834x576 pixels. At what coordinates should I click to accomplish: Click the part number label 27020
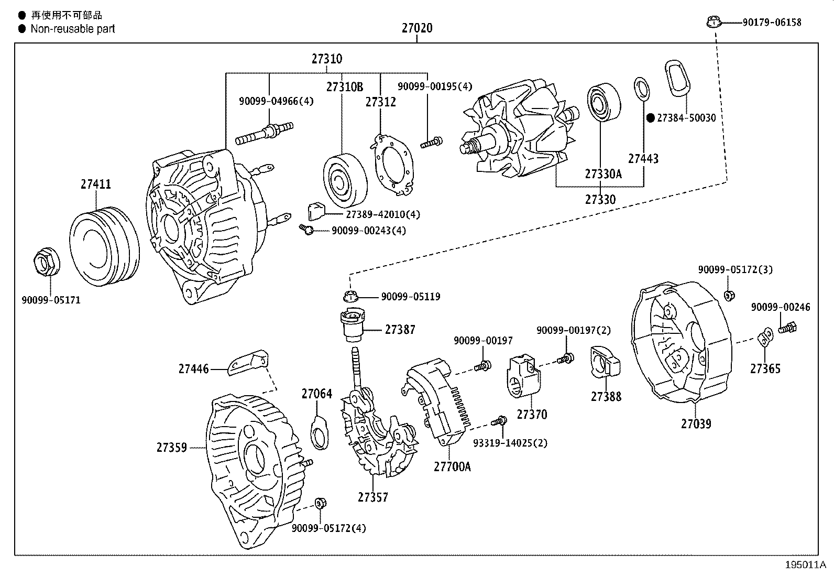coord(417,28)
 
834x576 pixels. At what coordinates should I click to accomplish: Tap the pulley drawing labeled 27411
coord(104,246)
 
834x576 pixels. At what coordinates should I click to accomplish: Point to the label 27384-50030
coord(686,118)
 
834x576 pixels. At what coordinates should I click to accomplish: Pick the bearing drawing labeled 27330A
coord(604,102)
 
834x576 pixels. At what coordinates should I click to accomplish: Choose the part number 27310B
coord(344,87)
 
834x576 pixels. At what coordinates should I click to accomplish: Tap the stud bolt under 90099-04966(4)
coord(265,133)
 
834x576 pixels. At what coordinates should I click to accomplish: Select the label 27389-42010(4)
coord(383,214)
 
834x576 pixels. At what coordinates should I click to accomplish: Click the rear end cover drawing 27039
coord(682,342)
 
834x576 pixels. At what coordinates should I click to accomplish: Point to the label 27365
coord(765,368)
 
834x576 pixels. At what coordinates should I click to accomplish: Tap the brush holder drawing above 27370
coord(523,376)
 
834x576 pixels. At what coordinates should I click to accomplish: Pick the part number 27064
coord(316,394)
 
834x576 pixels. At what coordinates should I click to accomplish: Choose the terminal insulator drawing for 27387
coord(352,324)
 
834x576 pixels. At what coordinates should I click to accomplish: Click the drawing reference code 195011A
coord(805,565)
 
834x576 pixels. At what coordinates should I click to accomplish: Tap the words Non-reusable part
coord(73,29)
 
